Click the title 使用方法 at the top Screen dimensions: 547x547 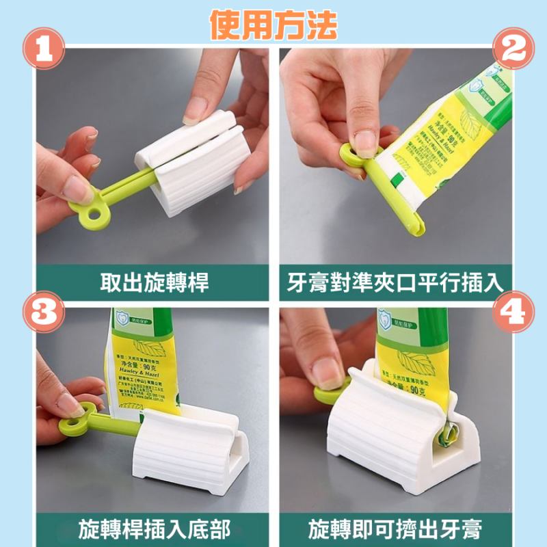click(273, 25)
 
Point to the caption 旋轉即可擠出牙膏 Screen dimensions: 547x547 click(396, 528)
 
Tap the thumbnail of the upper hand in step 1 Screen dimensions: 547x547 click(196, 107)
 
